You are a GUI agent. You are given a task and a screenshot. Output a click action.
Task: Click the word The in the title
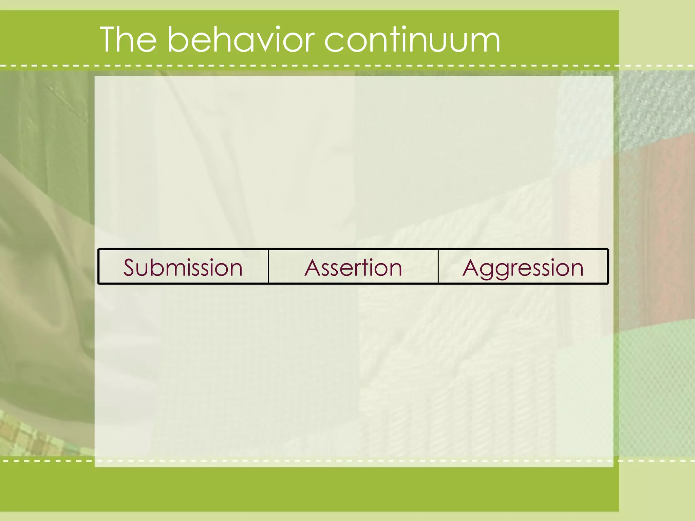[x=128, y=40]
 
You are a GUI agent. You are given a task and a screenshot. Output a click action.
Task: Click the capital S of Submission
[x=130, y=267]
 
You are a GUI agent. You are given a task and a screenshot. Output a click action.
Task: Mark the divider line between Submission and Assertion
[x=268, y=266]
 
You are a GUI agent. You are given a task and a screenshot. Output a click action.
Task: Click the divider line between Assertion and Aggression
[x=438, y=266]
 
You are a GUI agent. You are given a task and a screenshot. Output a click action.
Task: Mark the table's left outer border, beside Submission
[x=98, y=266]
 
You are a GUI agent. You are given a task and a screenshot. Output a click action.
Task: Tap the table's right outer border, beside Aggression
[x=608, y=266]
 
